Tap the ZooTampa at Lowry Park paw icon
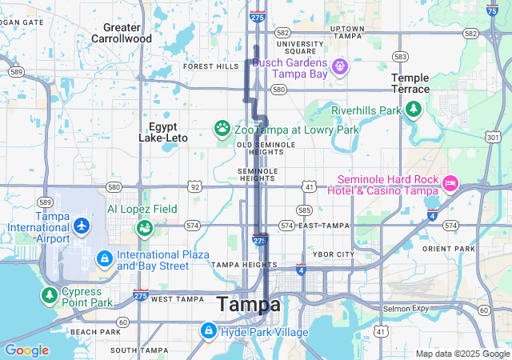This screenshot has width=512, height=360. point(222,128)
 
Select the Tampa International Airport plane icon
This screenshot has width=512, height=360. point(81,226)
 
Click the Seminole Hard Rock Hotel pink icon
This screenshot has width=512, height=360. point(450,184)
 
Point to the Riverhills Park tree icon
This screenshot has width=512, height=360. point(413,110)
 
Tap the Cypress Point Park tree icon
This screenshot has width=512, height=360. point(50,296)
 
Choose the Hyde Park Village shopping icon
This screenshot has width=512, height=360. point(208,330)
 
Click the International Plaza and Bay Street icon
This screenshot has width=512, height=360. point(104,259)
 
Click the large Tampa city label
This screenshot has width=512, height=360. point(249,305)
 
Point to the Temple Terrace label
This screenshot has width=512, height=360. point(410,83)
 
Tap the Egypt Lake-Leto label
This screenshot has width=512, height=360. point(163,132)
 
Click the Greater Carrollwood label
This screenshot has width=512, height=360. point(122,33)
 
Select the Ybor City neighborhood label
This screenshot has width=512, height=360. point(333,254)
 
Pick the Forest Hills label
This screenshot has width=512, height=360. point(211,66)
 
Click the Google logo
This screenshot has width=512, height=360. point(26,350)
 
